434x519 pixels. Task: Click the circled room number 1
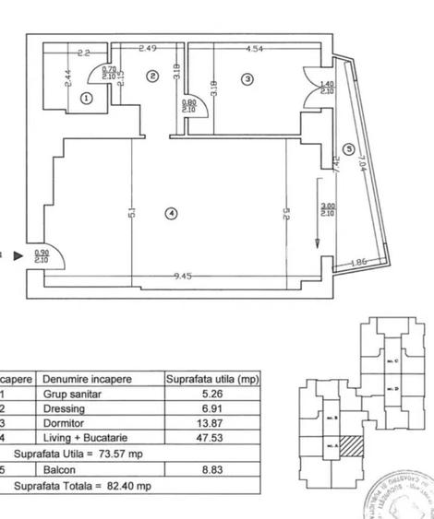(87, 97)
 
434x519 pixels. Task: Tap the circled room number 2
(151, 77)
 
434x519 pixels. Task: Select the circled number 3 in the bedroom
(247, 80)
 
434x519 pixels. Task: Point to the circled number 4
(169, 214)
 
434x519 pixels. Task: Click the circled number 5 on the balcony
(347, 148)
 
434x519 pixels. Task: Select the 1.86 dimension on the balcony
(359, 264)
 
